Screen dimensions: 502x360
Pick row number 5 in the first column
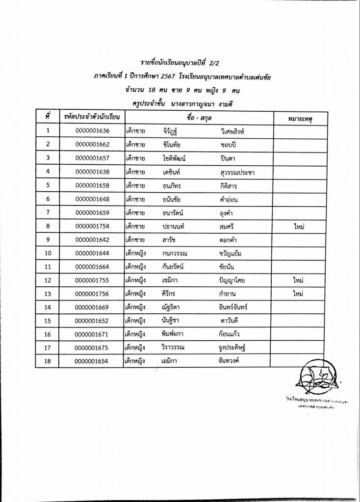pos(48,185)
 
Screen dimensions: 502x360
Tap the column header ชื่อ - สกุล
pos(199,118)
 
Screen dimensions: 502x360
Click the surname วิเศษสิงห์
pos(237,131)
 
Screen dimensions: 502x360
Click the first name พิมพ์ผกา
pos(175,335)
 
